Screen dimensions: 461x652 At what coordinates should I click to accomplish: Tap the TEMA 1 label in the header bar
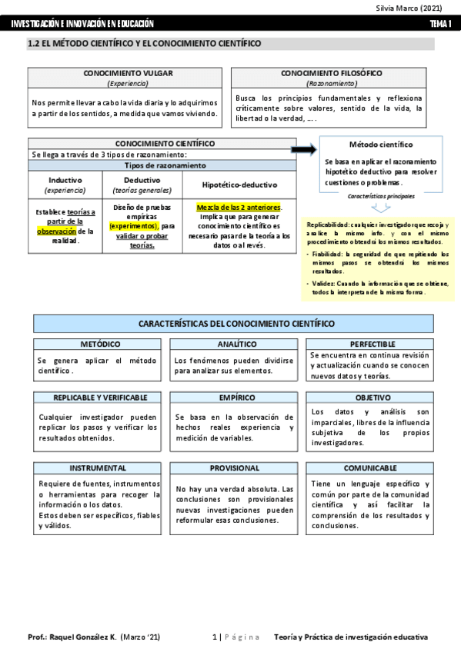(x=441, y=25)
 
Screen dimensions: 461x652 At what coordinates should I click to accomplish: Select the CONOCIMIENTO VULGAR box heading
(x=128, y=73)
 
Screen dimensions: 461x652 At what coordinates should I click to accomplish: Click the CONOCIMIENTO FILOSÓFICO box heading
(x=332, y=73)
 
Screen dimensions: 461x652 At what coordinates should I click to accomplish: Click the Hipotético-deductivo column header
(x=239, y=185)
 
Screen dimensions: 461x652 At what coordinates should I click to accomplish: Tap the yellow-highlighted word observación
(x=55, y=230)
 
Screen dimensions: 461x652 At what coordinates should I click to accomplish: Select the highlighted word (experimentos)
(x=133, y=226)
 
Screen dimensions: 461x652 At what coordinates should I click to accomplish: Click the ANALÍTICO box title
(x=236, y=344)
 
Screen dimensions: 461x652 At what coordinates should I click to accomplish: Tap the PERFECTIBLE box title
(x=372, y=344)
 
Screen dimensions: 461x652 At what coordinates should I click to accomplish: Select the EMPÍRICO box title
(x=236, y=398)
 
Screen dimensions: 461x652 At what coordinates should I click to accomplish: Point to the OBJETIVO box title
(x=372, y=398)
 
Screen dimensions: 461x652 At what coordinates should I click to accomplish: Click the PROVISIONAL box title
(x=236, y=467)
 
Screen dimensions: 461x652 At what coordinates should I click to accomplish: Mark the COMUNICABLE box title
(x=373, y=467)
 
